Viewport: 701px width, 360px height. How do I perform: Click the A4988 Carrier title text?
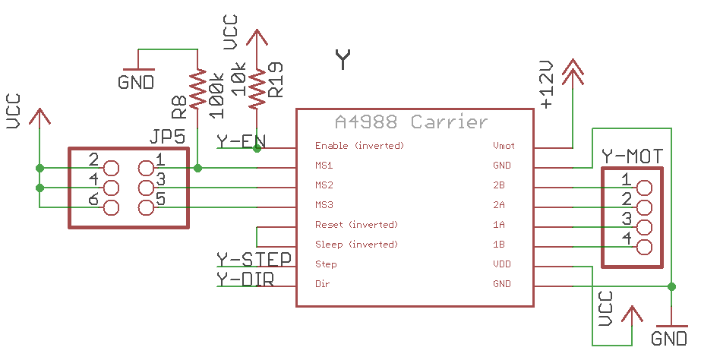411,122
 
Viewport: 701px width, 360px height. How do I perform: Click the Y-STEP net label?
254,260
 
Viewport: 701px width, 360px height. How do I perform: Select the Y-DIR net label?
245,279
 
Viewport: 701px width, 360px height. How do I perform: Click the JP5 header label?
168,137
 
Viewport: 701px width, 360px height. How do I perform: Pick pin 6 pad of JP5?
112,207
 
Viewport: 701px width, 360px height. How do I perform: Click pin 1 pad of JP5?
147,168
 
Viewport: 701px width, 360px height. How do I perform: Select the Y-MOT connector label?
632,156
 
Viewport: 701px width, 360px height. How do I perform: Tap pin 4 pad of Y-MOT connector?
644,247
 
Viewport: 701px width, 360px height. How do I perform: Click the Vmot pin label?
502,145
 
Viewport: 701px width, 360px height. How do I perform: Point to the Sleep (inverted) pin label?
356,245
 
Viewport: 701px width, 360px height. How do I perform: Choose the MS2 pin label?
324,185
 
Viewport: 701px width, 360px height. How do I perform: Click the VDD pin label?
502,264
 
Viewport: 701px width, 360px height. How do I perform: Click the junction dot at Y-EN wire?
257,149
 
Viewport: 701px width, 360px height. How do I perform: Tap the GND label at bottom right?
669,339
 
